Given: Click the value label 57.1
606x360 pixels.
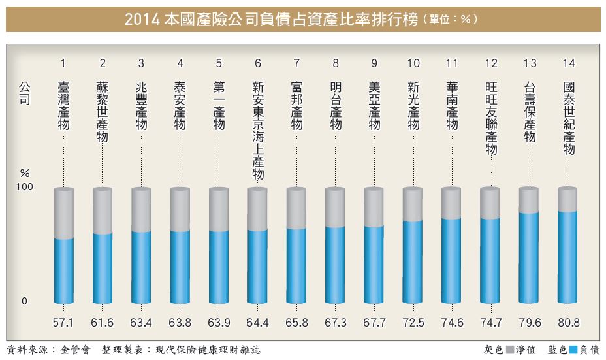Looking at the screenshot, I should pos(63,324).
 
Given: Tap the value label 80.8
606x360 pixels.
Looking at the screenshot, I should pos(568,324).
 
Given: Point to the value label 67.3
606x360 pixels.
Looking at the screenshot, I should pos(335,324).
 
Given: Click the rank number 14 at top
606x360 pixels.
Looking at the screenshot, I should pos(568,63).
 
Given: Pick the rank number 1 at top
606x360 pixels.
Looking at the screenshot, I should pos(63,63).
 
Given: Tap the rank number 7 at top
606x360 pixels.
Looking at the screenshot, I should pos(296,63).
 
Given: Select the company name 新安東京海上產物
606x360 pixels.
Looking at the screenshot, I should pos(258,130).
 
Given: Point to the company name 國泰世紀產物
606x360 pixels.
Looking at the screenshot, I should pos(568,118).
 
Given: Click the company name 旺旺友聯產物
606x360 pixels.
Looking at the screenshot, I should pos(490,118).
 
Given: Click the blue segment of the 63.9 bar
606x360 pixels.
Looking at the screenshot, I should pos(219,267).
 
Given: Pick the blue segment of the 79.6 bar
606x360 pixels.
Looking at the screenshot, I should pos(529,258).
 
